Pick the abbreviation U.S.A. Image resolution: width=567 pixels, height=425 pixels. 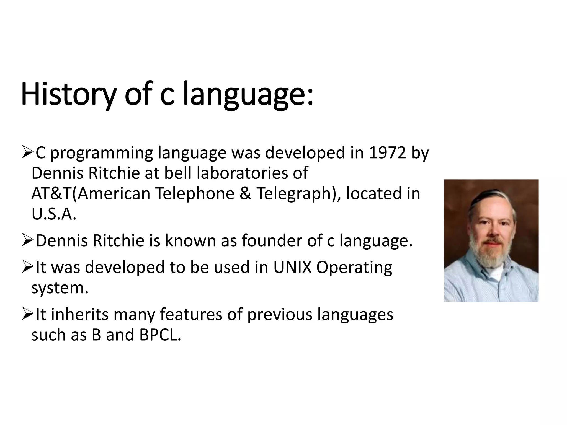[54, 214]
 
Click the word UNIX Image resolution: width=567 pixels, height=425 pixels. [292, 267]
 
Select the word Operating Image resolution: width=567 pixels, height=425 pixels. [354, 267]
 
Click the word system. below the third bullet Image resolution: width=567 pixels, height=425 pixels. [60, 288]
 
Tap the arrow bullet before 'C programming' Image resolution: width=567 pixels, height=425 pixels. [27, 153]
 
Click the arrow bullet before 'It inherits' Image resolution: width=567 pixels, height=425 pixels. [27, 315]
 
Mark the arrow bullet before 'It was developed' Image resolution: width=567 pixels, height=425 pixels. [27, 267]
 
